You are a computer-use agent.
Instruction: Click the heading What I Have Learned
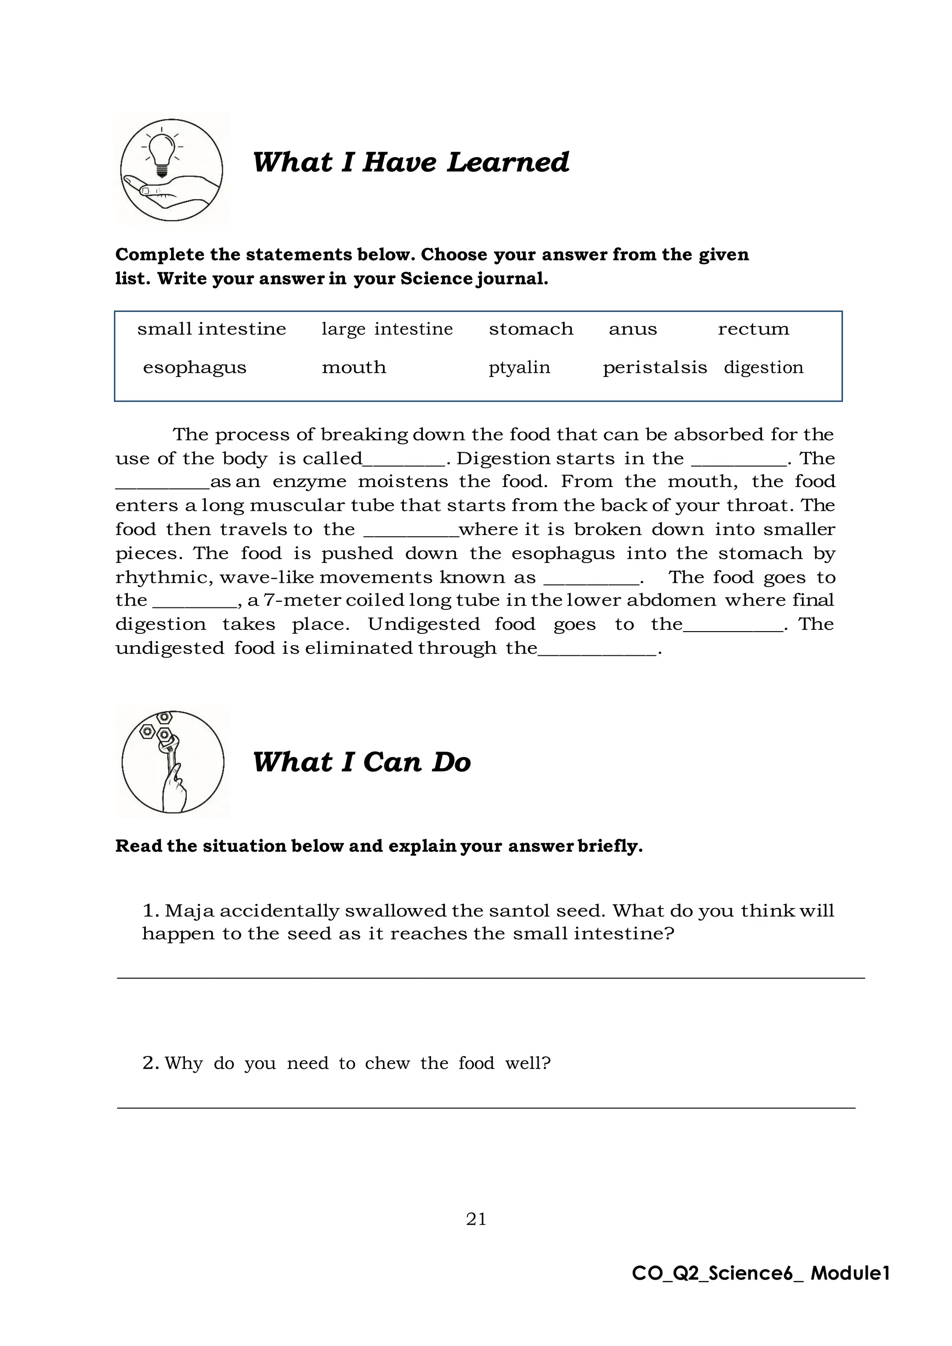pos(410,162)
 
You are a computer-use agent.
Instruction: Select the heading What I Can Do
pos(361,762)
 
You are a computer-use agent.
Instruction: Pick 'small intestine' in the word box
pos(212,329)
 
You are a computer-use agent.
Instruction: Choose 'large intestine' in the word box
pos(387,330)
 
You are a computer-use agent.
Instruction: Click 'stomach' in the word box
pos(530,329)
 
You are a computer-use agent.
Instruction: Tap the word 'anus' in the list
pos(633,330)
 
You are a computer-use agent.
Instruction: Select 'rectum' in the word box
pos(753,329)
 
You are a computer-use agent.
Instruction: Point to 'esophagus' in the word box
pos(195,368)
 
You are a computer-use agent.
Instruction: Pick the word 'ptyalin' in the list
pos(519,368)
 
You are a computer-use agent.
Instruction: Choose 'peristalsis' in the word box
pos(655,368)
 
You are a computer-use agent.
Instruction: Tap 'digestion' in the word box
pos(763,368)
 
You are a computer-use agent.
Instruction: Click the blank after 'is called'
pos(404,462)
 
